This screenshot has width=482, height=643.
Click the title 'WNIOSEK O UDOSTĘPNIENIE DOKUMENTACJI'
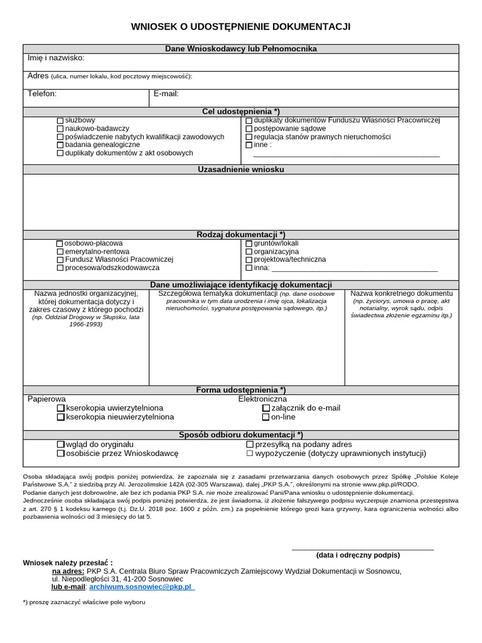(240, 26)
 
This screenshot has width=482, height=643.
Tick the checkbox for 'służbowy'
(60, 120)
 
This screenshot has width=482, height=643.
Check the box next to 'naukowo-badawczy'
(60, 128)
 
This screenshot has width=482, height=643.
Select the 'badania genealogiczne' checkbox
(60, 144)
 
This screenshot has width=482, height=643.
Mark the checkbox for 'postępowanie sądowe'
(249, 128)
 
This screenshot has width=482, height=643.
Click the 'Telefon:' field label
(42, 94)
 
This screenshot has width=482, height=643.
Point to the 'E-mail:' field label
(166, 94)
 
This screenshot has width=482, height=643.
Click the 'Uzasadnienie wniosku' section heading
(241, 170)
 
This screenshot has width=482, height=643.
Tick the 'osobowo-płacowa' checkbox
(60, 243)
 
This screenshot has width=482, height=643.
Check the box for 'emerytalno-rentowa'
(60, 251)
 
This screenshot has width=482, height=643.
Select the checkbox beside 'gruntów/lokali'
(249, 243)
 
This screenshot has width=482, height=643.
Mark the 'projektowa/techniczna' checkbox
(249, 259)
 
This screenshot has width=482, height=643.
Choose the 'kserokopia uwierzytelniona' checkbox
(61, 408)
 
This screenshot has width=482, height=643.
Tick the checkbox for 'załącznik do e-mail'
(266, 408)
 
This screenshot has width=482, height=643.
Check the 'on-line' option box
(266, 417)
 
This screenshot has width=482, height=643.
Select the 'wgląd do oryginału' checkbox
(61, 445)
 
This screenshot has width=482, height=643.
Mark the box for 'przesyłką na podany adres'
(250, 445)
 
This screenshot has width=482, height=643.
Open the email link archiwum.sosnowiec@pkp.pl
(142, 586)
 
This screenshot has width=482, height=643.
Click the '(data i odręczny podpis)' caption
(358, 555)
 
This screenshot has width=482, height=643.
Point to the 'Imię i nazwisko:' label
(56, 58)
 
